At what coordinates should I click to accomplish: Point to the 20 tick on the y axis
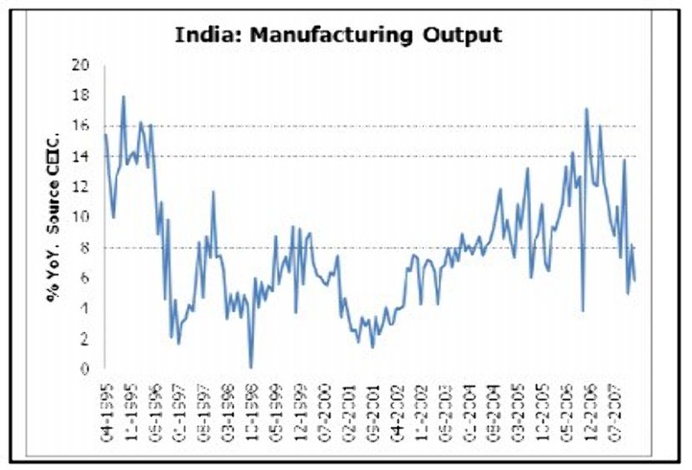point(80,66)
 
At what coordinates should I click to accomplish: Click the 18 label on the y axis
point(80,96)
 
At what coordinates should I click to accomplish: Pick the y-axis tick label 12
point(80,187)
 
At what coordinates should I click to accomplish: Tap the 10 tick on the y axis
point(80,217)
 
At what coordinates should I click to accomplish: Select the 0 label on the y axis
point(84,370)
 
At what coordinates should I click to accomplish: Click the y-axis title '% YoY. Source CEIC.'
point(54,216)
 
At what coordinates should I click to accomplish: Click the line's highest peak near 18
point(123,96)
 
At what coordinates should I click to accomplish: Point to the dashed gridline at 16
point(389,126)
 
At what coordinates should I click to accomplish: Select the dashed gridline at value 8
point(389,248)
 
